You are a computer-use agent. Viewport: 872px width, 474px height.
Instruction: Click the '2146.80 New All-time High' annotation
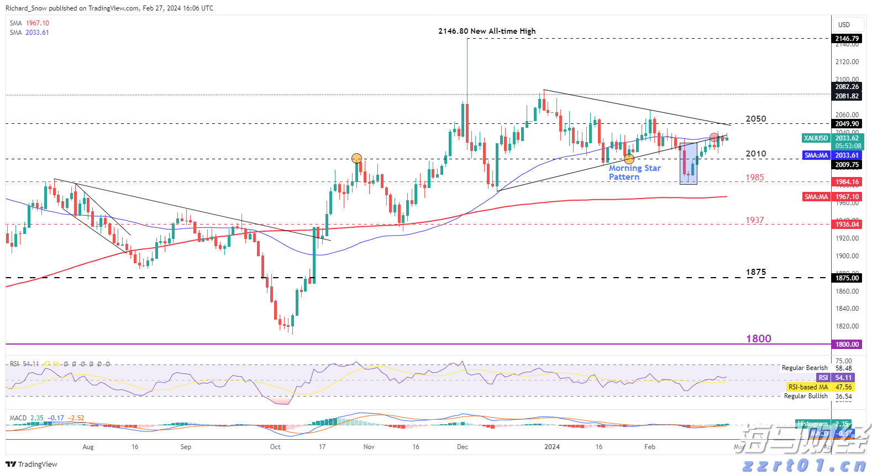click(x=487, y=31)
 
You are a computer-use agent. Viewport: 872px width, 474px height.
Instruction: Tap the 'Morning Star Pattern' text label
click(x=634, y=172)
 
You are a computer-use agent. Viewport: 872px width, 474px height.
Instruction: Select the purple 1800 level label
click(x=758, y=338)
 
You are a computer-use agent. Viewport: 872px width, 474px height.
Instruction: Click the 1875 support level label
click(x=756, y=272)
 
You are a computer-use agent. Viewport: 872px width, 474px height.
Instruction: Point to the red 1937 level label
click(x=754, y=220)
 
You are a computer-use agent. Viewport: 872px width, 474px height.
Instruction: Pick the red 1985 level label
click(x=754, y=178)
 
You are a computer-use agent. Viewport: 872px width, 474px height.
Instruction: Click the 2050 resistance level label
click(x=756, y=119)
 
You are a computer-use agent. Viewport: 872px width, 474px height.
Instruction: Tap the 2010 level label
click(x=756, y=154)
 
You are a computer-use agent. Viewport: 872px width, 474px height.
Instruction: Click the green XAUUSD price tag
click(x=816, y=138)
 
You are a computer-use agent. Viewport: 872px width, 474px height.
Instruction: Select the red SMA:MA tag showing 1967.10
click(x=816, y=197)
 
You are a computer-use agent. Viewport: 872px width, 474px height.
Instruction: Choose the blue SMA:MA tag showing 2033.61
click(x=816, y=155)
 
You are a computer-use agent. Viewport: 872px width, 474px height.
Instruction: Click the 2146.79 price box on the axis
click(x=847, y=38)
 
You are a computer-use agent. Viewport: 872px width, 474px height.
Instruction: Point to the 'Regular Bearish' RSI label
click(x=804, y=368)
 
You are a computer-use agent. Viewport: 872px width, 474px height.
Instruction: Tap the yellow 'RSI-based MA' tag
click(x=808, y=387)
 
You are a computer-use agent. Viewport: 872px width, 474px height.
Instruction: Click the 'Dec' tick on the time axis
click(x=463, y=447)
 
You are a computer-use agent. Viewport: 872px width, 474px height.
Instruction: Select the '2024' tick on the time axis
click(x=551, y=447)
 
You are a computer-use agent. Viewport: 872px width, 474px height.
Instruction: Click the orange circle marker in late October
click(x=356, y=159)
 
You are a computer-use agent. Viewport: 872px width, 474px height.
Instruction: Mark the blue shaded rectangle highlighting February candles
click(x=688, y=164)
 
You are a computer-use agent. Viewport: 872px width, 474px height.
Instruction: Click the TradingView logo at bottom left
click(x=31, y=464)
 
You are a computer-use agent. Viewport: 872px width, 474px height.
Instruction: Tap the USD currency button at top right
click(x=844, y=24)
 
